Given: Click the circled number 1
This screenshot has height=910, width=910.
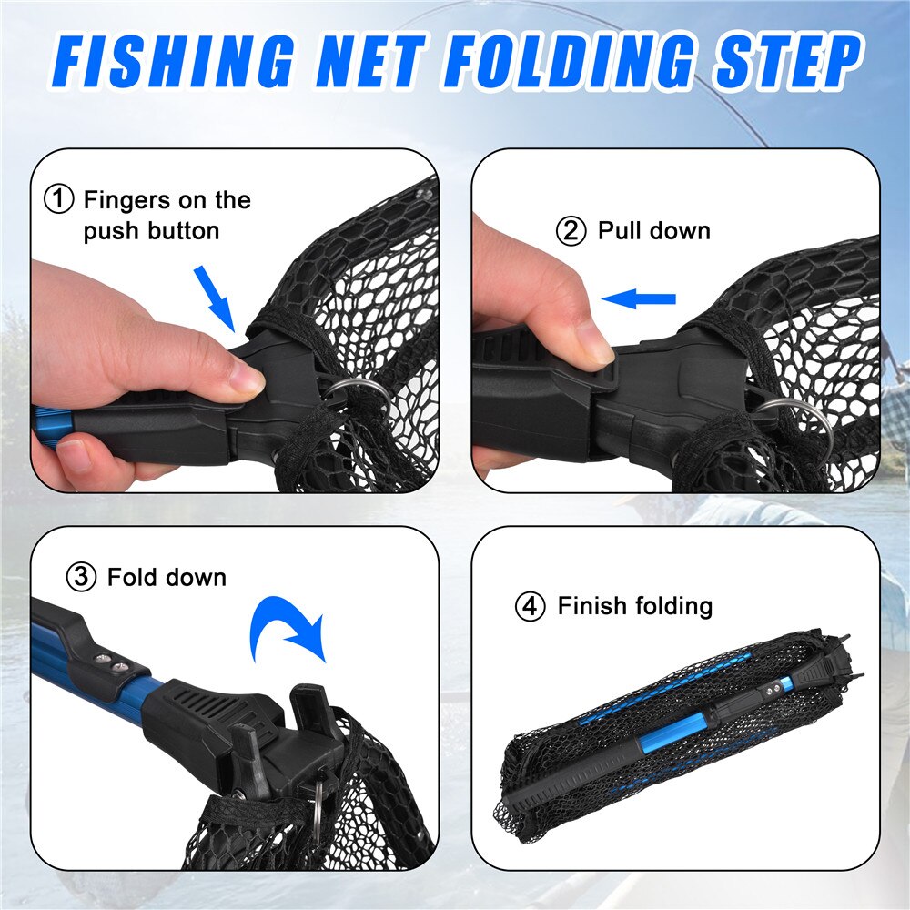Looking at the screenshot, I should coord(60,199).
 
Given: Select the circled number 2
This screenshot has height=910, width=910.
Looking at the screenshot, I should coord(571,231).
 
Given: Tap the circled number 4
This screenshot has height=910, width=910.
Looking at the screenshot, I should coord(530,606).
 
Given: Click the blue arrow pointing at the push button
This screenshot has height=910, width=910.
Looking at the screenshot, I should coord(217,296).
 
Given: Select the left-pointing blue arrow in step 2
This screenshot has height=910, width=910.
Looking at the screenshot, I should coord(640,298).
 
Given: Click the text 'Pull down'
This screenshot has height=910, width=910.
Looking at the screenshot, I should coord(653,231).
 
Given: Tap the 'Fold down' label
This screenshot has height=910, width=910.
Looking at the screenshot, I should coord(167,577).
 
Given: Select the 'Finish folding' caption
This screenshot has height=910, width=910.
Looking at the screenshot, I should coord(634,606).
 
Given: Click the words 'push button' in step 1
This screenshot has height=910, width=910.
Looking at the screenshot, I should coord(151,231).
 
